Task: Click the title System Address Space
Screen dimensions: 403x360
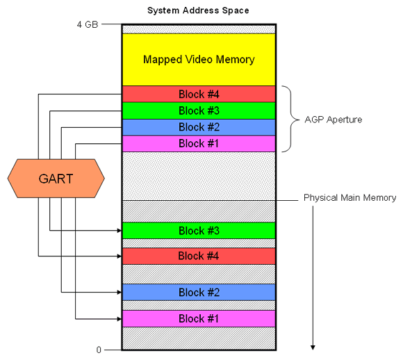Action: [198, 10]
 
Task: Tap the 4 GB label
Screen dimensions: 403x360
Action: [88, 24]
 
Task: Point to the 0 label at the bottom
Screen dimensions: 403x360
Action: [99, 350]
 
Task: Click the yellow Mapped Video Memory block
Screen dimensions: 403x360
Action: [199, 60]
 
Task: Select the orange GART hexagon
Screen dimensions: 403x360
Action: [56, 179]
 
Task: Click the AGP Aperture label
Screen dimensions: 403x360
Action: [333, 120]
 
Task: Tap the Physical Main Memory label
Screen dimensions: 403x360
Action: [349, 197]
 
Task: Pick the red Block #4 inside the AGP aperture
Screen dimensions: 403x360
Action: [199, 94]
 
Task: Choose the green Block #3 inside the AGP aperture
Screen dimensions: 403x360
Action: [199, 111]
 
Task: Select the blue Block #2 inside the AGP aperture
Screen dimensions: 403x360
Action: [199, 127]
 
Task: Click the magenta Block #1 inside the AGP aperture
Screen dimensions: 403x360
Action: [199, 143]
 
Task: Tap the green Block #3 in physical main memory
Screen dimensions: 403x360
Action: [199, 231]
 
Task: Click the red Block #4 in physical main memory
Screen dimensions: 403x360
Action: [199, 256]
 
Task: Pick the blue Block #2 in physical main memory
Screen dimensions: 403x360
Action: [199, 293]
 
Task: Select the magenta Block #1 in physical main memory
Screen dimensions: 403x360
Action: [199, 319]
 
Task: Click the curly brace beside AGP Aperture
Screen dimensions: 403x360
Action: [291, 119]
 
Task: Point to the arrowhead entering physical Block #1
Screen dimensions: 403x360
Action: [120, 319]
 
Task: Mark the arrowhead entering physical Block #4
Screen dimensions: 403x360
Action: [120, 256]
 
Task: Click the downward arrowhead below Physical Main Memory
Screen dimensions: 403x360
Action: [313, 347]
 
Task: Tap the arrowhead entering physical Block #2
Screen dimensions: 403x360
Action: [120, 293]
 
